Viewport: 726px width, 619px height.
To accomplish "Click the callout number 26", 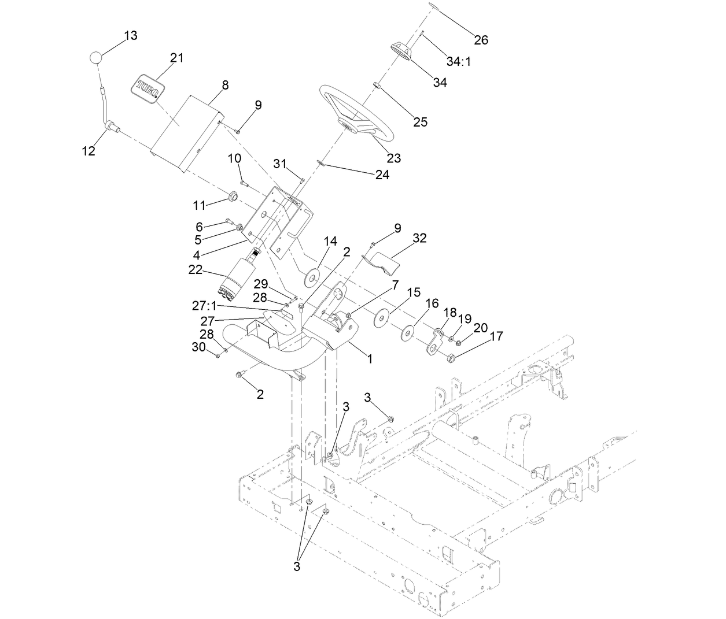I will point(481,40).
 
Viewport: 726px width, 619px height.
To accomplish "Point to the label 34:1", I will point(459,61).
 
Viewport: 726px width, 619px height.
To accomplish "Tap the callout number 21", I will point(176,58).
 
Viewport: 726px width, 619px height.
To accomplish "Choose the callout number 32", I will point(419,238).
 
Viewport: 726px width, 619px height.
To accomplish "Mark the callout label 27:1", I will point(205,305).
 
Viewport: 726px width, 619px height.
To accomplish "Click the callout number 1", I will point(370,358).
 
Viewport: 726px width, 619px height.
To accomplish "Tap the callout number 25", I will point(420,122).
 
